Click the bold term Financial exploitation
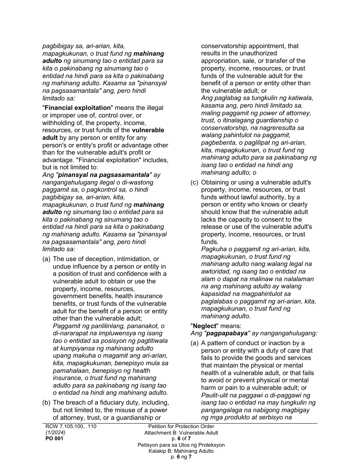click(x=78, y=108)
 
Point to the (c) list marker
click(x=194, y=183)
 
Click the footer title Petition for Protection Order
click(x=181, y=427)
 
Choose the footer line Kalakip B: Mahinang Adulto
click(x=181, y=451)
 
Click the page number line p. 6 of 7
click(x=181, y=439)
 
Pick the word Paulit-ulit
click(x=215, y=395)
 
